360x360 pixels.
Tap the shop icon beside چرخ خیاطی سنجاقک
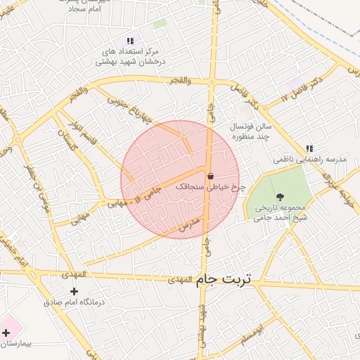click(x=210, y=176)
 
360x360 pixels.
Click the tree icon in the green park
click(x=281, y=197)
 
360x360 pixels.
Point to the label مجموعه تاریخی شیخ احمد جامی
click(x=282, y=213)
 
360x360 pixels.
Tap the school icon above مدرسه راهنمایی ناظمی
click(x=309, y=148)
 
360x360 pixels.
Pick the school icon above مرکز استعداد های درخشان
click(x=129, y=41)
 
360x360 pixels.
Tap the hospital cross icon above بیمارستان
click(x=6, y=333)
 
